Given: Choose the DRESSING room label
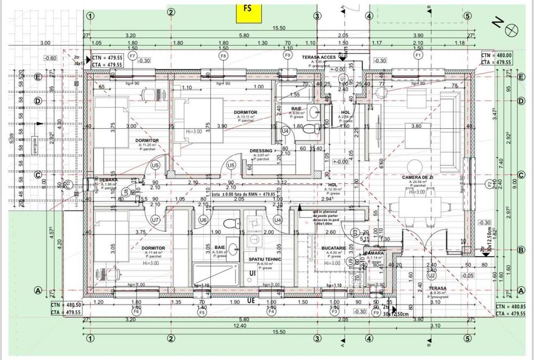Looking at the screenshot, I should click(261, 151).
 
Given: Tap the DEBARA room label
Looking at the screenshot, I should click(108, 180).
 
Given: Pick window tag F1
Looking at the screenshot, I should click(418, 55).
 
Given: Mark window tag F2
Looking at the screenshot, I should click(488, 185).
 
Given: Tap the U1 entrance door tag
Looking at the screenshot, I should click(343, 79).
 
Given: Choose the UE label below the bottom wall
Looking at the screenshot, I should click(250, 301).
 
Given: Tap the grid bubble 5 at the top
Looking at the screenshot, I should click(467, 15).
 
